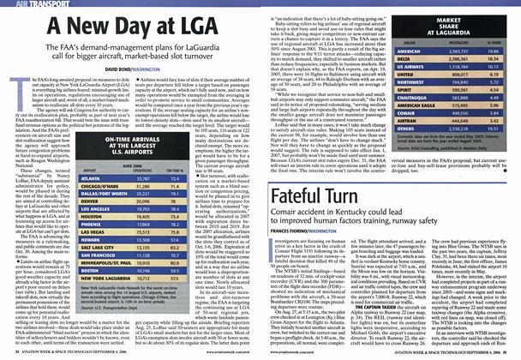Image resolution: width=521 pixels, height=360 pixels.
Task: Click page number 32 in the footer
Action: pyautogui.click(x=8, y=353)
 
